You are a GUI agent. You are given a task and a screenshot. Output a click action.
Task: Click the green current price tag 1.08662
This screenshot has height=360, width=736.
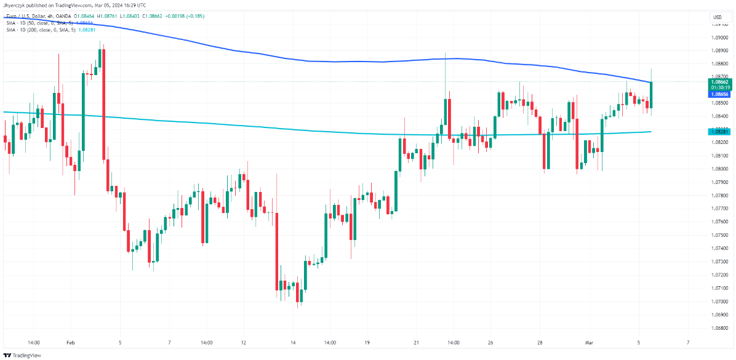click(719, 81)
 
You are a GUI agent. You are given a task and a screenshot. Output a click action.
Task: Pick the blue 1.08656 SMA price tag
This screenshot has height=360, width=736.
click(719, 94)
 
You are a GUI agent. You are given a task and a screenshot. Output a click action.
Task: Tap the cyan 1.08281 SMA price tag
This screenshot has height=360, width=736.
click(719, 131)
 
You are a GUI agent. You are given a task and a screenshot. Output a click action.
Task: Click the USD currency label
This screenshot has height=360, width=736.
click(717, 17)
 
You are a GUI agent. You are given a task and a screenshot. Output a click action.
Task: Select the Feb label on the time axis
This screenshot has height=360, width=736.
click(70, 342)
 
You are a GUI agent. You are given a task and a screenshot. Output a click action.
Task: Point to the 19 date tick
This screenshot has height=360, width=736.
click(367, 342)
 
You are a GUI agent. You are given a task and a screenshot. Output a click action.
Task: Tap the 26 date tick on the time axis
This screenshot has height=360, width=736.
click(490, 342)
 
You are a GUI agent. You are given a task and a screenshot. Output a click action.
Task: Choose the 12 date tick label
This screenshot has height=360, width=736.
click(244, 342)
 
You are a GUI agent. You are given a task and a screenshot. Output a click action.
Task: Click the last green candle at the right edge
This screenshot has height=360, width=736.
click(650, 95)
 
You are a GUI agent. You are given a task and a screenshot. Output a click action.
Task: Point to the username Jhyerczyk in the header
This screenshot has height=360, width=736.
click(17, 6)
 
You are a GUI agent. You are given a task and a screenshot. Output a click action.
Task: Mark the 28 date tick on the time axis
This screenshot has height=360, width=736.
click(540, 342)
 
